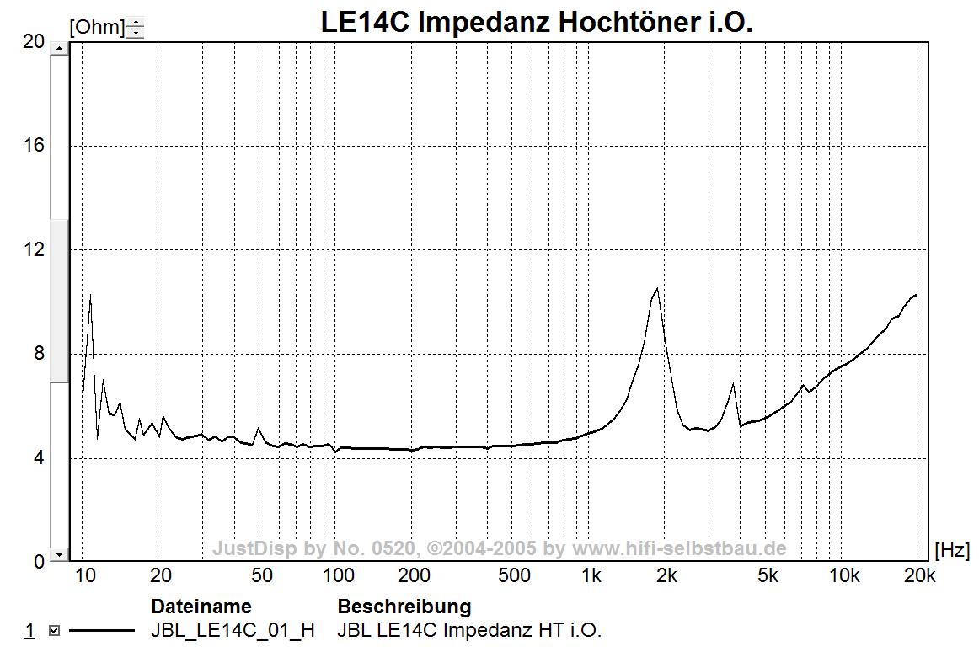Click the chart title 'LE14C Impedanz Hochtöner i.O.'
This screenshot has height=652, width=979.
537,22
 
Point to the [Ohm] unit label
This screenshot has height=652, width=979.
96,28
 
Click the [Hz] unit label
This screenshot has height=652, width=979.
952,551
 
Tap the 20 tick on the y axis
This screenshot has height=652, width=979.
34,41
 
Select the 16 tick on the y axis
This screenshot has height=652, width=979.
34,145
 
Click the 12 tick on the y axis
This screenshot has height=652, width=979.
34,249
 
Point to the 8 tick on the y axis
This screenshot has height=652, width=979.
38,353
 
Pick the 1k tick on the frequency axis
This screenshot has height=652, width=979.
591,576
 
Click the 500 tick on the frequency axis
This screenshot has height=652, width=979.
515,576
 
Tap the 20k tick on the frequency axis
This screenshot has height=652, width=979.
918,576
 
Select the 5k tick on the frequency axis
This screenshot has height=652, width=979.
767,576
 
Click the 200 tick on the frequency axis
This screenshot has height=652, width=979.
414,576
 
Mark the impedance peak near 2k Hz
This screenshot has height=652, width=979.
656,289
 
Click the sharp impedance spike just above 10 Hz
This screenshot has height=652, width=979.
90,295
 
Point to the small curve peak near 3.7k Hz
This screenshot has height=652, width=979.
734,384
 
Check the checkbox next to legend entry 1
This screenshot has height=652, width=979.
55,630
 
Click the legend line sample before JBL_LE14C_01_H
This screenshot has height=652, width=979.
101,630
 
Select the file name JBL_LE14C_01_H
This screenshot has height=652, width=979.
233,630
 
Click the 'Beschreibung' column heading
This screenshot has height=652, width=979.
404,607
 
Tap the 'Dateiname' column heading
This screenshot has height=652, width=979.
201,607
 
